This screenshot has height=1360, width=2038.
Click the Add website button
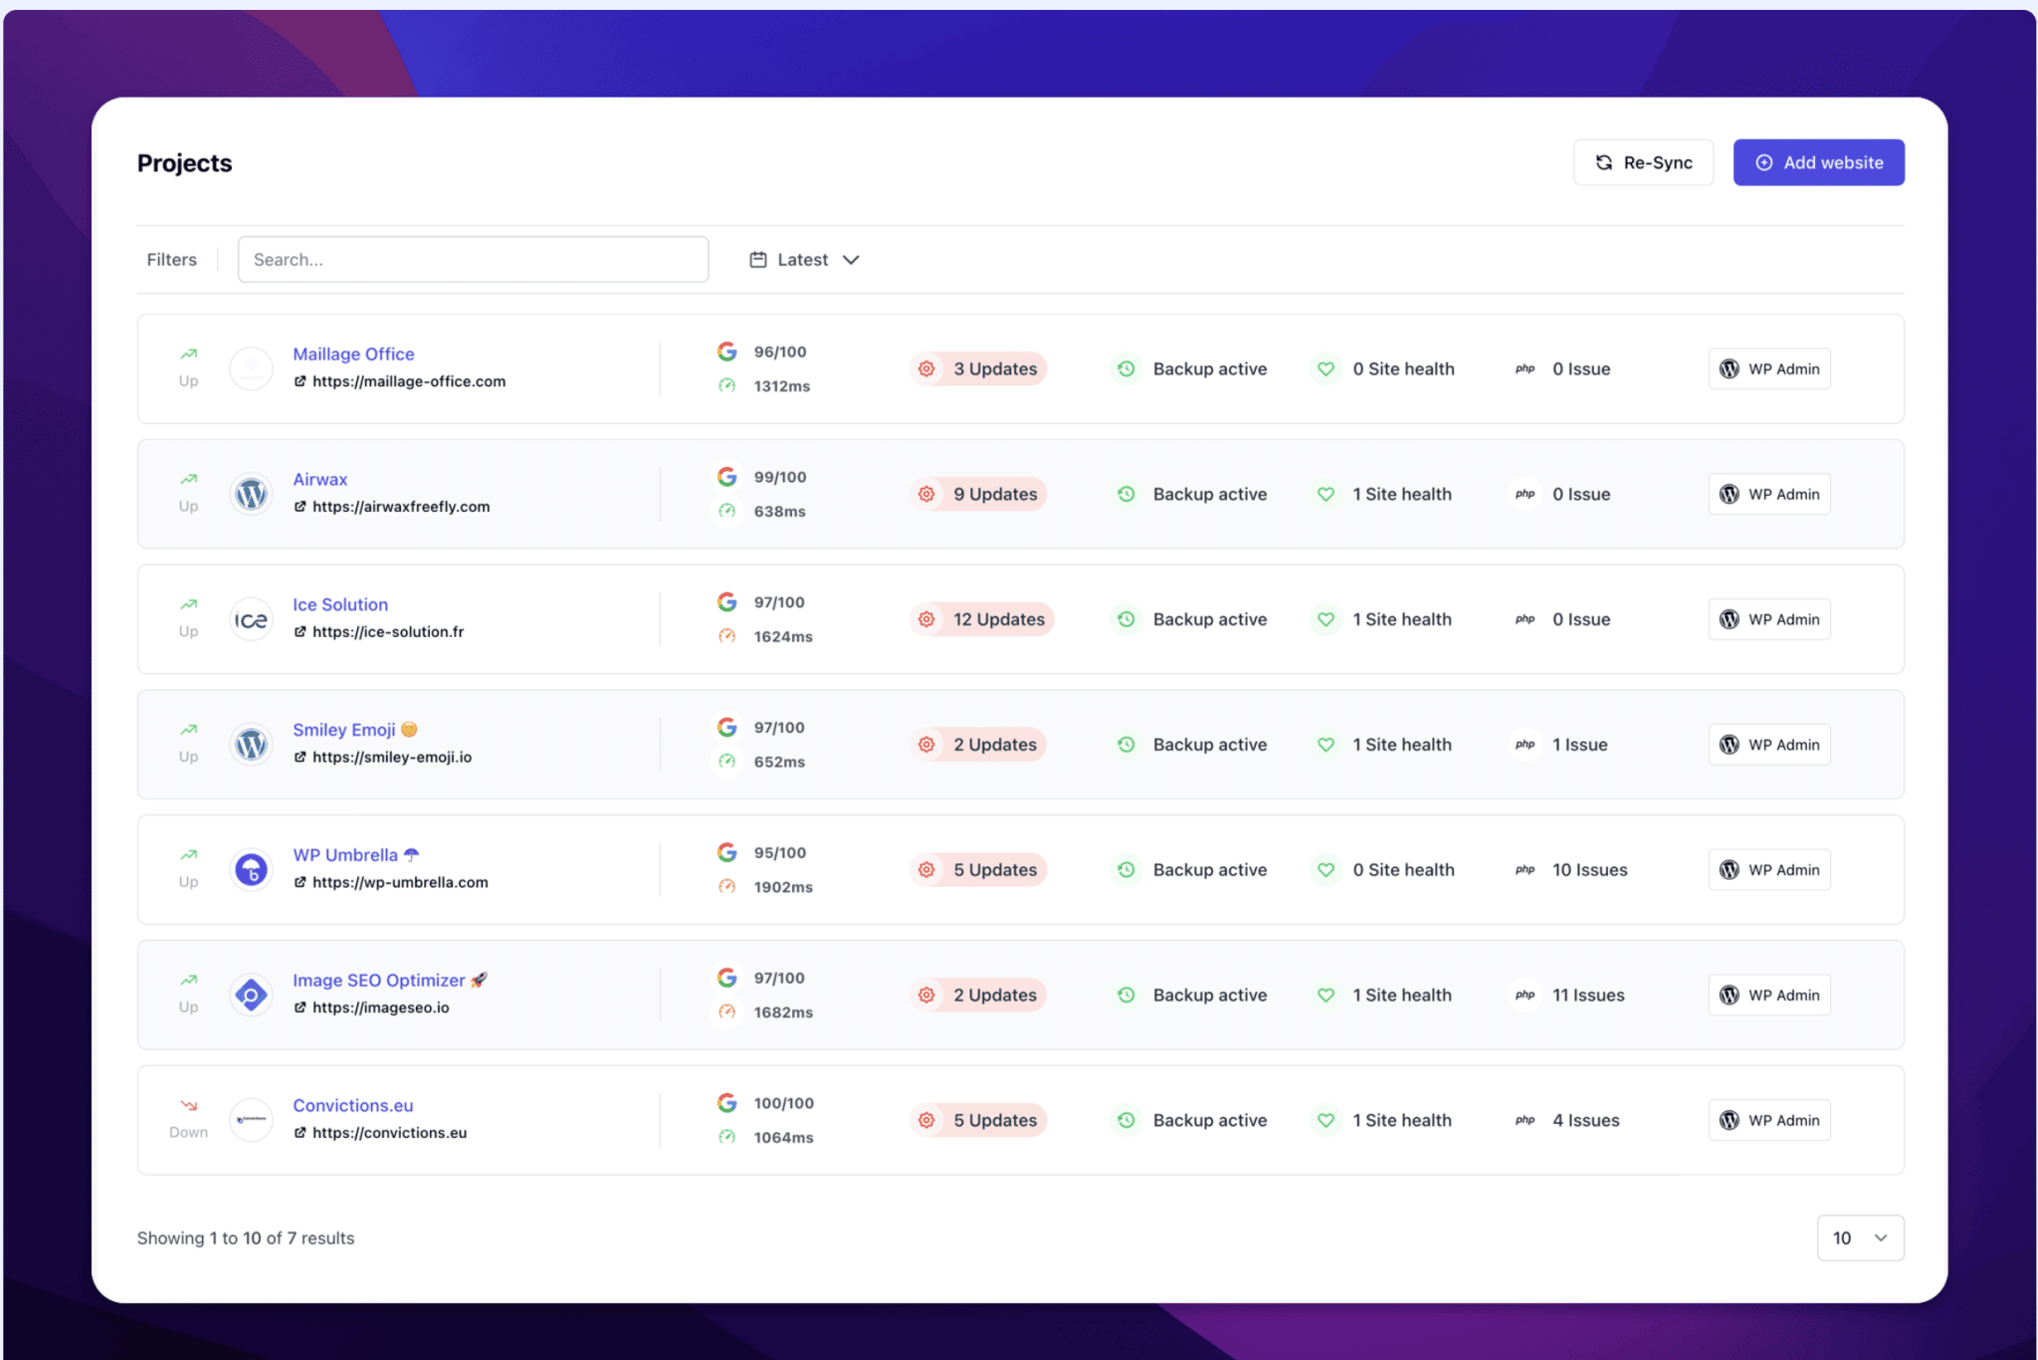point(1818,162)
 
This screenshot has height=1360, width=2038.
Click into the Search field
point(473,260)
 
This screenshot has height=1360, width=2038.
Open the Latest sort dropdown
point(804,260)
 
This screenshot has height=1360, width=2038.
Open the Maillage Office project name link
point(353,354)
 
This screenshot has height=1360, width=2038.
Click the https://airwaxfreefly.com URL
point(401,507)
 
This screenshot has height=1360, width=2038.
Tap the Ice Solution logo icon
point(252,620)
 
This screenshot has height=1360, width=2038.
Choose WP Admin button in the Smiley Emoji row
point(1769,745)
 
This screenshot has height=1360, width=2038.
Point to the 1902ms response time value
point(783,887)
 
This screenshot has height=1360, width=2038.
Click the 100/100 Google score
point(783,1103)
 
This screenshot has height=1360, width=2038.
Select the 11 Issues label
point(1588,995)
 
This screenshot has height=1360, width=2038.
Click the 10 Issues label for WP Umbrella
point(1589,870)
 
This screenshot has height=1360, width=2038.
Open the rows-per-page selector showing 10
point(1860,1238)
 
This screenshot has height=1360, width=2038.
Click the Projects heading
point(184,163)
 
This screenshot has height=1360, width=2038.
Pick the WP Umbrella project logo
point(252,870)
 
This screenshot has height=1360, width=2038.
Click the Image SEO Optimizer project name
point(378,981)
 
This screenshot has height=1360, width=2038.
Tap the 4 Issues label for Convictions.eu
point(1585,1120)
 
